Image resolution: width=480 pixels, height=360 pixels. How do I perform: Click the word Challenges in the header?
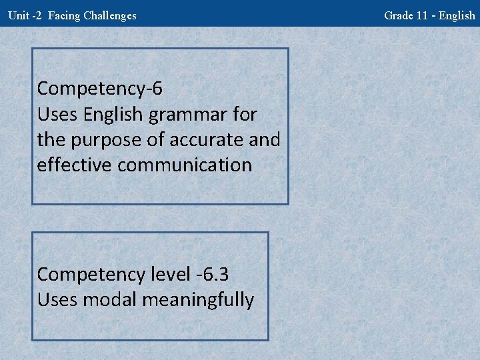110,15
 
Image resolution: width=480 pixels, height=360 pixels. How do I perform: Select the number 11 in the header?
421,15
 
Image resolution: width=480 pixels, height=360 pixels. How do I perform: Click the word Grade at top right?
398,15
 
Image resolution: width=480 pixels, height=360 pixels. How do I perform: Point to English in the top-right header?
457,15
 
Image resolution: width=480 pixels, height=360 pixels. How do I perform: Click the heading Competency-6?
100,89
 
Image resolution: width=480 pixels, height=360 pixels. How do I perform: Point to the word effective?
75,165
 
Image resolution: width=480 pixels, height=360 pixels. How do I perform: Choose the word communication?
185,165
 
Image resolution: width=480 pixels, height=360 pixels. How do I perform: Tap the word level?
170,274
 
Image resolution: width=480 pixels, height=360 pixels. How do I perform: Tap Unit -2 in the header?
25,15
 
